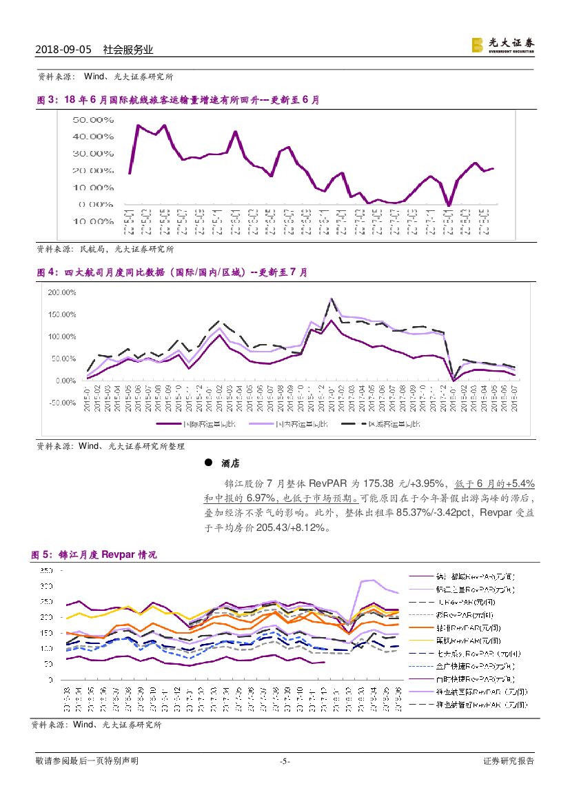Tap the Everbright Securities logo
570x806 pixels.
(502, 45)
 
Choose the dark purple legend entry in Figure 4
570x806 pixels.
(187, 425)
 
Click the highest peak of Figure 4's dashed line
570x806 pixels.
(332, 299)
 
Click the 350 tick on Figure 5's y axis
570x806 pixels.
(45, 571)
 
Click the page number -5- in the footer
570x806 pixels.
(285, 761)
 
